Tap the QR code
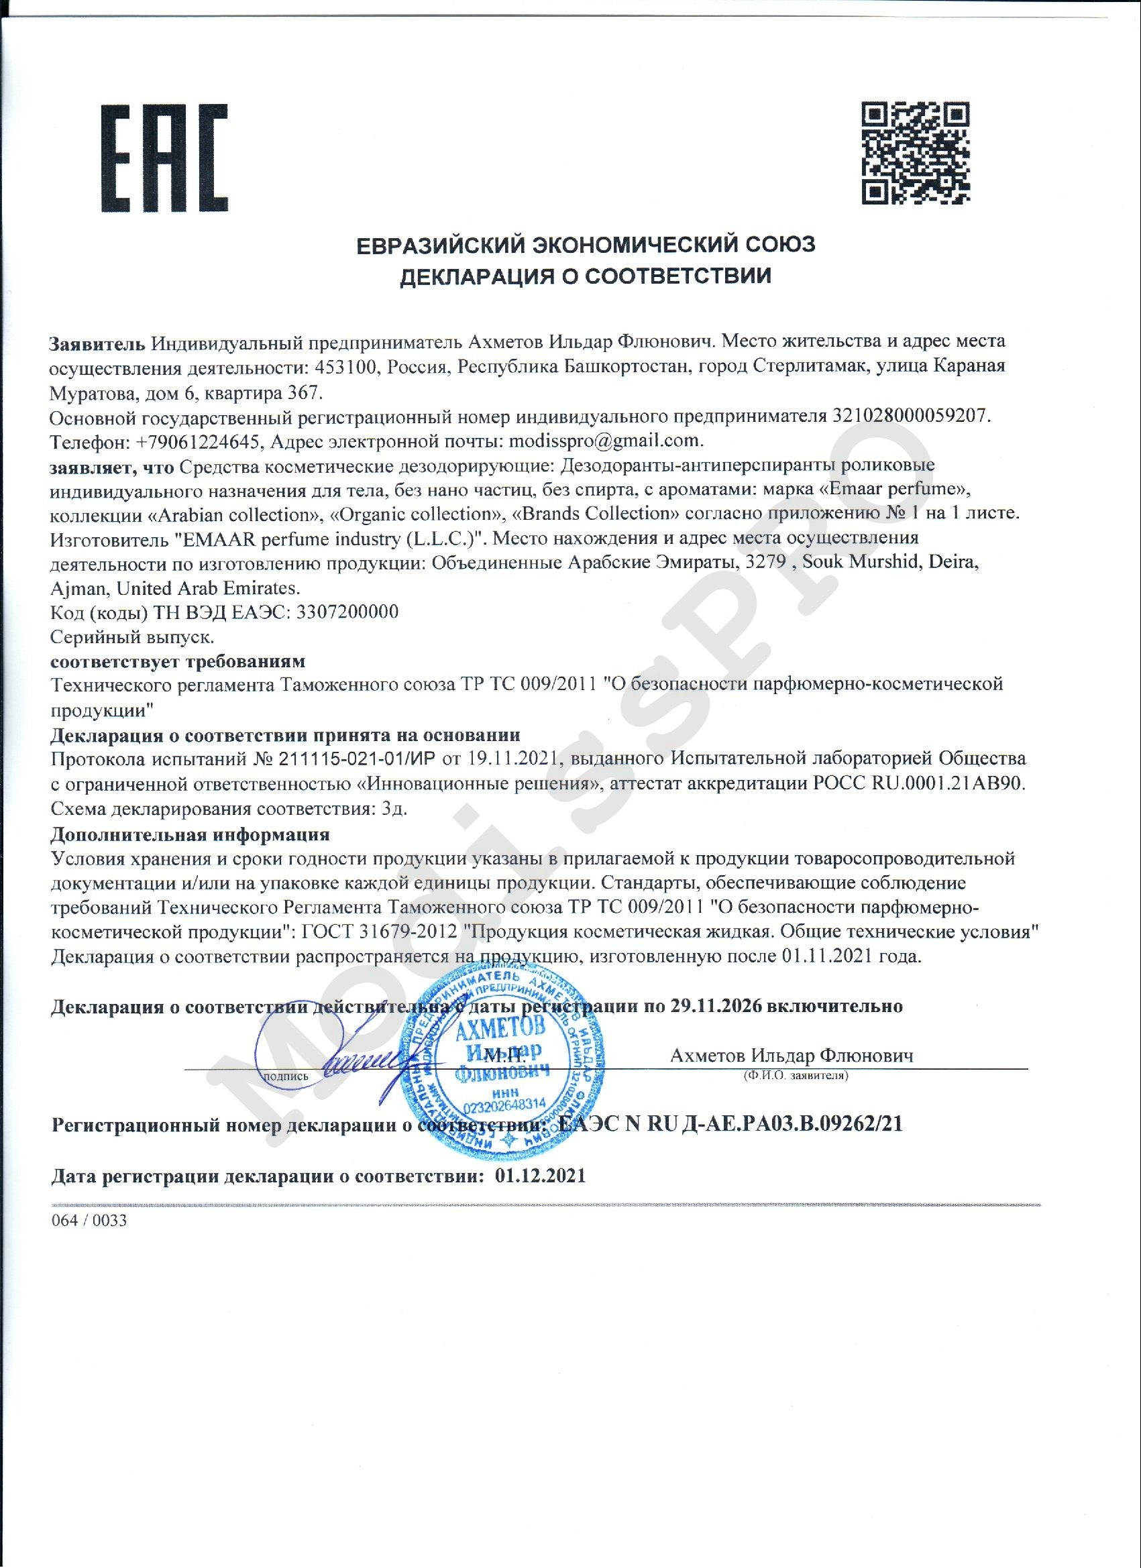915,153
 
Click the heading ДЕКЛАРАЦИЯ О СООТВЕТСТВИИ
586,276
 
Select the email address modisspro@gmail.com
605,441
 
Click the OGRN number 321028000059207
910,416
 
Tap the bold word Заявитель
97,342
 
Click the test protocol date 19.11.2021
512,759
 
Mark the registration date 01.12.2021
540,1176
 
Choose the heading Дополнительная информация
191,834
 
